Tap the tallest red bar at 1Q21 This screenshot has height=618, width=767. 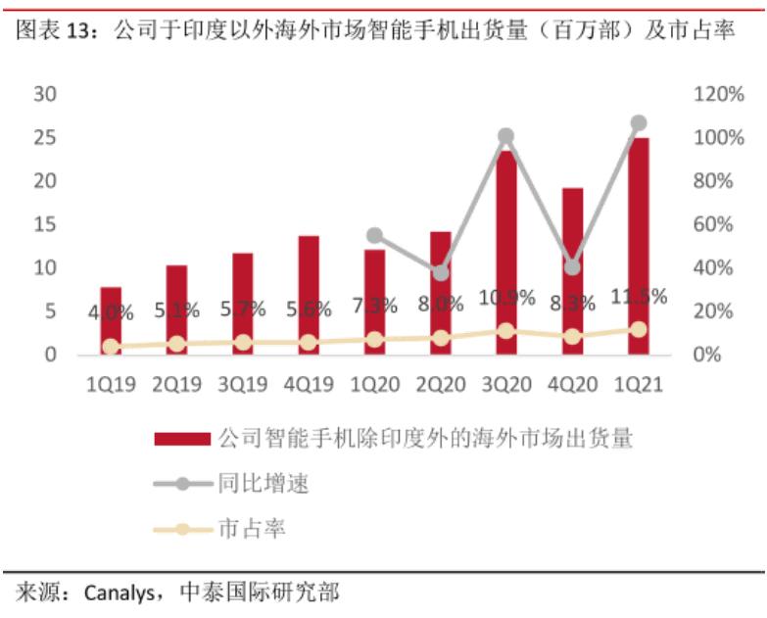point(639,245)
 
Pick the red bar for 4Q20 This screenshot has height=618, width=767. point(572,270)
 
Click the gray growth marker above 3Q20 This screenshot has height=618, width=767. point(505,136)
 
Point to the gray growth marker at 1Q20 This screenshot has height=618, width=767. point(374,235)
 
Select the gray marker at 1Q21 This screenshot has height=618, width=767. point(639,123)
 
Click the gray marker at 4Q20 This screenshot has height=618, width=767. point(572,266)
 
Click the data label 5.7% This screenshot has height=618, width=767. point(243,309)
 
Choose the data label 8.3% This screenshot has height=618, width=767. point(572,304)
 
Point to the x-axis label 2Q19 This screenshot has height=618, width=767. point(176,385)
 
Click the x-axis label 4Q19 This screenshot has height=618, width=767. point(309,385)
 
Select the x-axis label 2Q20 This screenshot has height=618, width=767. point(440,385)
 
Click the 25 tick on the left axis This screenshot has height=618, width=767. point(44,137)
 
